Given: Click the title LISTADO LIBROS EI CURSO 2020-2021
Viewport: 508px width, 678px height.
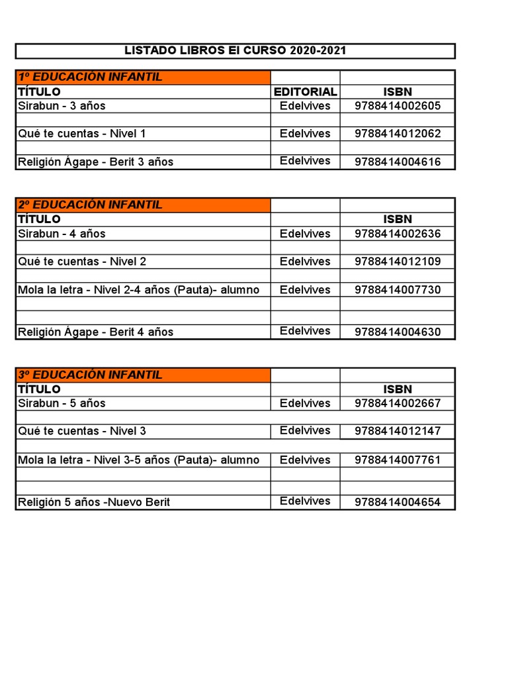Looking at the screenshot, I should (235, 51).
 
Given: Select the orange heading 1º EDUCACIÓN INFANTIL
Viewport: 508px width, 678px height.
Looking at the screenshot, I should (90, 77).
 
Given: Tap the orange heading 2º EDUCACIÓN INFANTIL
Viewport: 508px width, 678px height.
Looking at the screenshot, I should (90, 205).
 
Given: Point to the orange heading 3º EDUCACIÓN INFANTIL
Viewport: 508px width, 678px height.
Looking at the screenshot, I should (90, 375).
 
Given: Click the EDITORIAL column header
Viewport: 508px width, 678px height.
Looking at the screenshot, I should (305, 91).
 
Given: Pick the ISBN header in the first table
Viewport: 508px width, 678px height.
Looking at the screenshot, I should (398, 91).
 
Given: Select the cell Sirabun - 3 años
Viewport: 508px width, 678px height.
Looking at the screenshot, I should (62, 106).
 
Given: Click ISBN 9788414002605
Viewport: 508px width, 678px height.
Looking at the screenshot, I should (398, 106).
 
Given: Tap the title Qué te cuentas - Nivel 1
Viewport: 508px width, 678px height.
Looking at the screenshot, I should (82, 134).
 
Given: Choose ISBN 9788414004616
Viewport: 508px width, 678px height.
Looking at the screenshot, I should (398, 162).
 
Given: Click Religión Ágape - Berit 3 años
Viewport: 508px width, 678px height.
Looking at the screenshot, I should (96, 162).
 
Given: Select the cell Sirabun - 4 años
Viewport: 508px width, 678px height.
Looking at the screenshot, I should (62, 234).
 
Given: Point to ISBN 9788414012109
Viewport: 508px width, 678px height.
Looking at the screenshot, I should (398, 262).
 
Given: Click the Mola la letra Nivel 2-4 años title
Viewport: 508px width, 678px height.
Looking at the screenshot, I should (139, 290).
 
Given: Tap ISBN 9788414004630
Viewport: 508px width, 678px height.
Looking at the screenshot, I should (398, 332).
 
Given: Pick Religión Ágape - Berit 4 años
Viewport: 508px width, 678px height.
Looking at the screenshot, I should (96, 332).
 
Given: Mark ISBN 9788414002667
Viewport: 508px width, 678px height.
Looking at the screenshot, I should (398, 403).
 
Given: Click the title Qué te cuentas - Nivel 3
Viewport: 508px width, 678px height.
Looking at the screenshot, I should (82, 431).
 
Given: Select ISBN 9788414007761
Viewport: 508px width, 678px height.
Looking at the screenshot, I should (398, 460).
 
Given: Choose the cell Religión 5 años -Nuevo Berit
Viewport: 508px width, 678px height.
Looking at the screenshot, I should (94, 502).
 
